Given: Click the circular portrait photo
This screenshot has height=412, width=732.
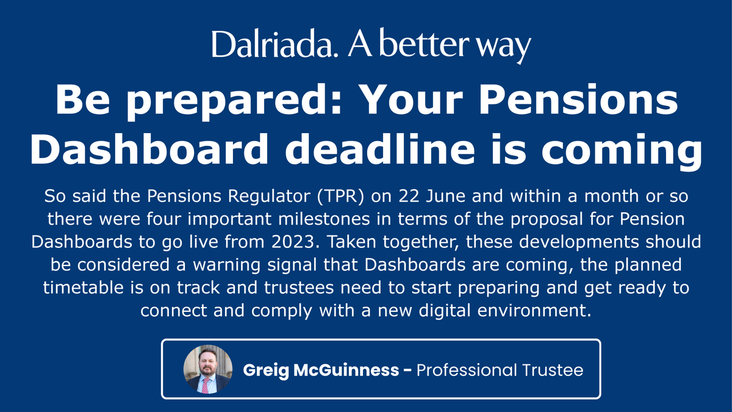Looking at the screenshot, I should click(207, 370).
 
